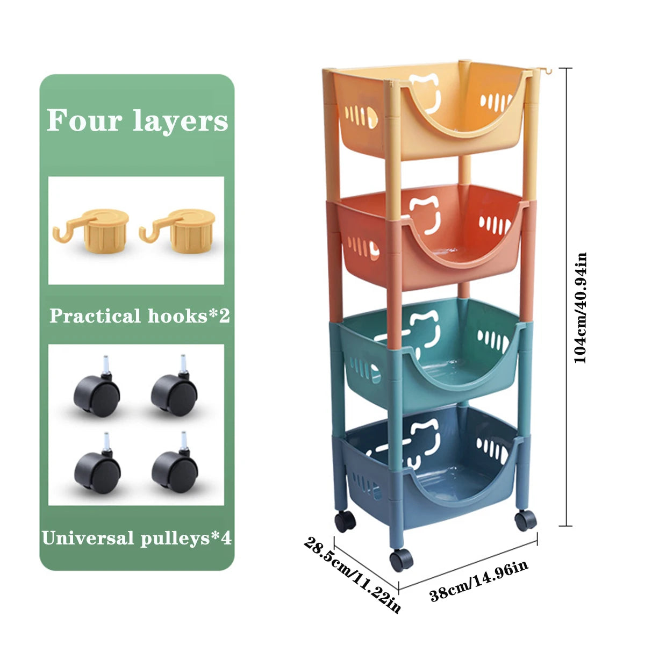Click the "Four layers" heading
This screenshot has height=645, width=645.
(137, 121)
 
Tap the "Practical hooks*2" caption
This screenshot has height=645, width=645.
(140, 316)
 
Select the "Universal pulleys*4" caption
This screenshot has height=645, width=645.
(137, 538)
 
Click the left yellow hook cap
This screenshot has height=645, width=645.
(91, 230)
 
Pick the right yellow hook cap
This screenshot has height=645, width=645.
(177, 230)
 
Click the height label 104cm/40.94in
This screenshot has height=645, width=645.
(580, 307)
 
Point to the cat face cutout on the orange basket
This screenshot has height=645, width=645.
(425, 214)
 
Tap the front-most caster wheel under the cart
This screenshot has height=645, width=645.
(402, 560)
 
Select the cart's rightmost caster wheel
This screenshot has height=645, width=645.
(526, 521)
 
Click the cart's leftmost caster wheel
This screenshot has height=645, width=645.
(345, 521)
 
